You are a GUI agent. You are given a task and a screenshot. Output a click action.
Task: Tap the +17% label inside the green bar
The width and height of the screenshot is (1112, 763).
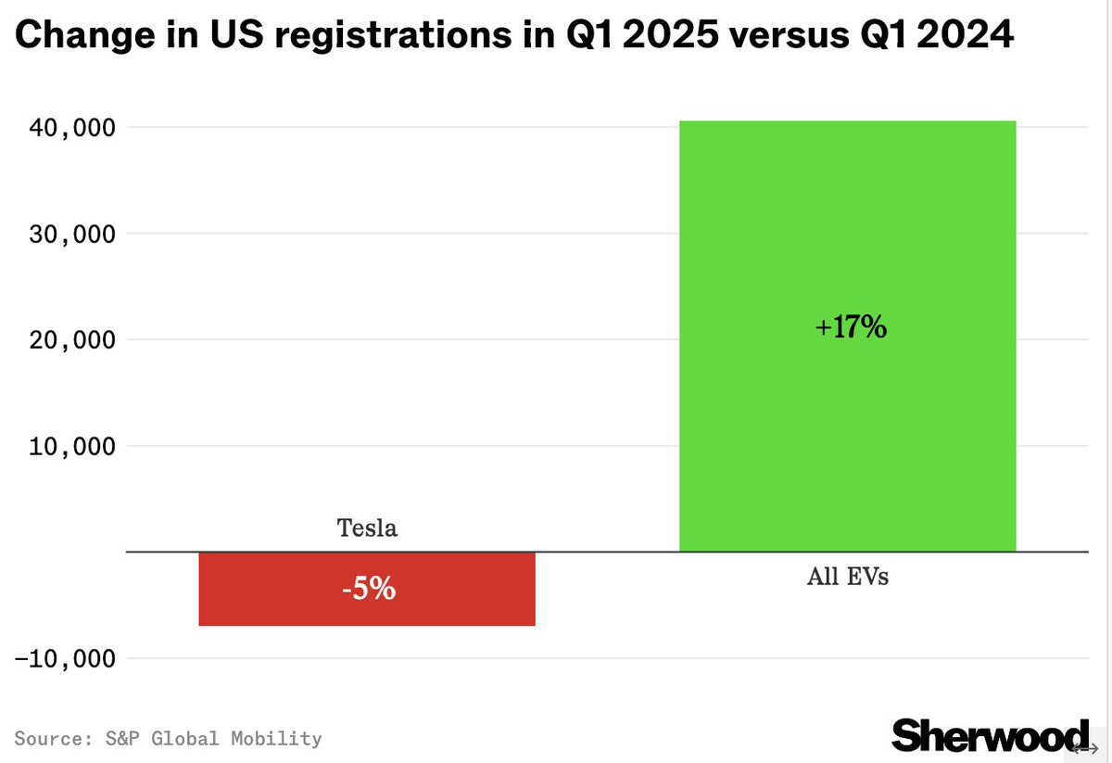coord(851,327)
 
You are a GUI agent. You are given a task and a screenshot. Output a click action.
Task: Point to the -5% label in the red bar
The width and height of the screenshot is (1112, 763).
coord(368,589)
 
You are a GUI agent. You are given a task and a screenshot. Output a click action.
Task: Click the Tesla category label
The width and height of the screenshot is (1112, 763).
coord(367,528)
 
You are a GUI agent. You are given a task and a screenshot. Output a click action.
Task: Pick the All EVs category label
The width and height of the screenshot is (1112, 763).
coord(847,577)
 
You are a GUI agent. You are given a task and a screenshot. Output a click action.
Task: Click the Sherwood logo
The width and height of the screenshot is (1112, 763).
coord(990,734)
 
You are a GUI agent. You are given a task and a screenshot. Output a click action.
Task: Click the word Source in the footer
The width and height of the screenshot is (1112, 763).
coord(45,739)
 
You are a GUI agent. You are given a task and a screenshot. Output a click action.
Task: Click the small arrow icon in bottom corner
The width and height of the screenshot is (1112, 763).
coord(1085,748)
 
